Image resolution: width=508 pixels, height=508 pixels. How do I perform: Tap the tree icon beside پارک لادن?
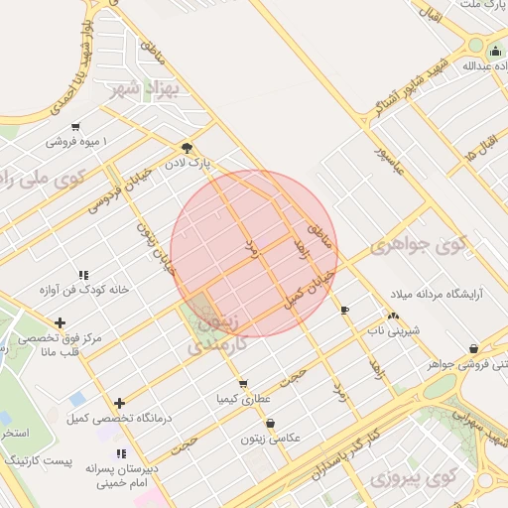188,147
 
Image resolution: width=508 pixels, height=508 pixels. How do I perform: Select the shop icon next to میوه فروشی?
76,127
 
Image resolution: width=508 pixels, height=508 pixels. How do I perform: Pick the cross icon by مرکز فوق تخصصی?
62,322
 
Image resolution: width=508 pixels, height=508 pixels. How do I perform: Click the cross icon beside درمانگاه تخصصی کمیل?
120,403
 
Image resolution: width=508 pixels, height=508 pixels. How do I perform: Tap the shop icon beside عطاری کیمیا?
242,383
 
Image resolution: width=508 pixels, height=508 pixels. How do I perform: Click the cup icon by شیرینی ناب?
345,311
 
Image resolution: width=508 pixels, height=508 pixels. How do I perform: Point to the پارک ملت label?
482,6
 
